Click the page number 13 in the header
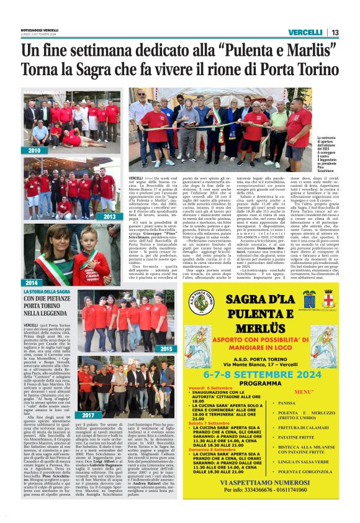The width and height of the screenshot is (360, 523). click(x=335, y=33)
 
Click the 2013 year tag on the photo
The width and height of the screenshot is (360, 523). click(x=110, y=217)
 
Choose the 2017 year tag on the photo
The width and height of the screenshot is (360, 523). click(x=89, y=414)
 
